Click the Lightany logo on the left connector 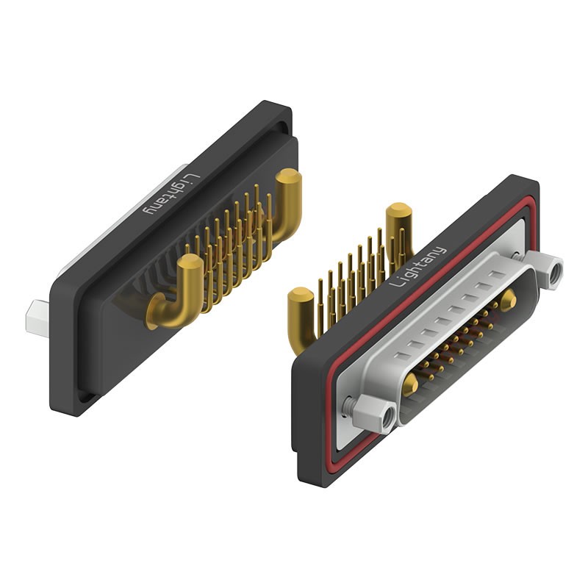(170, 193)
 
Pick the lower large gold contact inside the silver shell (411, 384)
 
